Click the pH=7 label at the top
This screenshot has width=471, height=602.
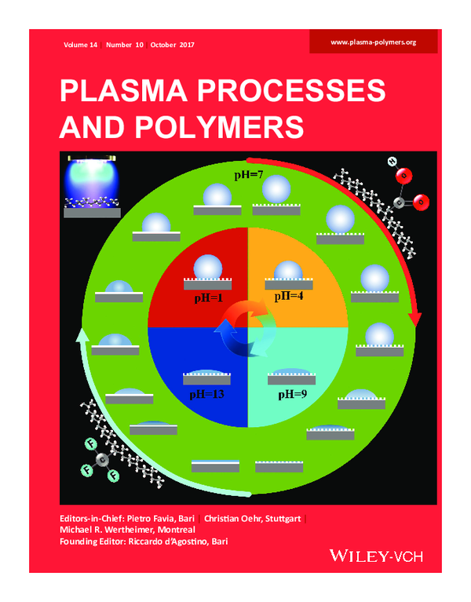(249, 173)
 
